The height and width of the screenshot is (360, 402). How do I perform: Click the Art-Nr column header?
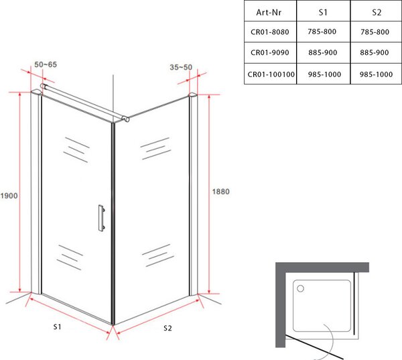click(269, 12)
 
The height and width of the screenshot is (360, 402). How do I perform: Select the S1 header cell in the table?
click(323, 12)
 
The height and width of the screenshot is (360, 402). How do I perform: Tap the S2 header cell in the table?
click(377, 12)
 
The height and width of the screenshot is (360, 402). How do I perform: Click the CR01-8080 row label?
click(270, 32)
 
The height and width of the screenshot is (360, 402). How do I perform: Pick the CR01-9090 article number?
click(270, 52)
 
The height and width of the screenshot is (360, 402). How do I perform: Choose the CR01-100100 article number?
click(271, 74)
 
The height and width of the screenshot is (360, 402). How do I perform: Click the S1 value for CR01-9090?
click(322, 52)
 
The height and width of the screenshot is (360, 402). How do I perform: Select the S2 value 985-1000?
click(376, 74)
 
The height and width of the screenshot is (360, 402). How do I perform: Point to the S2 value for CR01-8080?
click(375, 32)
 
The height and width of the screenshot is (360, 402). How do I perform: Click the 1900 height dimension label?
click(9, 196)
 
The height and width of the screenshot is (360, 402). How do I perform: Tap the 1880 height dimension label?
click(220, 192)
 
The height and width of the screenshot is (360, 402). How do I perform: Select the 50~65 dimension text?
click(46, 64)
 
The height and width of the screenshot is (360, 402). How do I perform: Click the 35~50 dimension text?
click(181, 67)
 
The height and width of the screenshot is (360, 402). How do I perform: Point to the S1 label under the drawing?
click(57, 326)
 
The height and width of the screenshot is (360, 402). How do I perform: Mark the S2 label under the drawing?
click(167, 328)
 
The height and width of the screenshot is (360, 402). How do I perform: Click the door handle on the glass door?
click(102, 218)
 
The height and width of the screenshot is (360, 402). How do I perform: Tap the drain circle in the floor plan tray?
click(300, 289)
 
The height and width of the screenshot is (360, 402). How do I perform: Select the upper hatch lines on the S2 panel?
click(155, 149)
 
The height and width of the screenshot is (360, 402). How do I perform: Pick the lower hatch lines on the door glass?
click(70, 257)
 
